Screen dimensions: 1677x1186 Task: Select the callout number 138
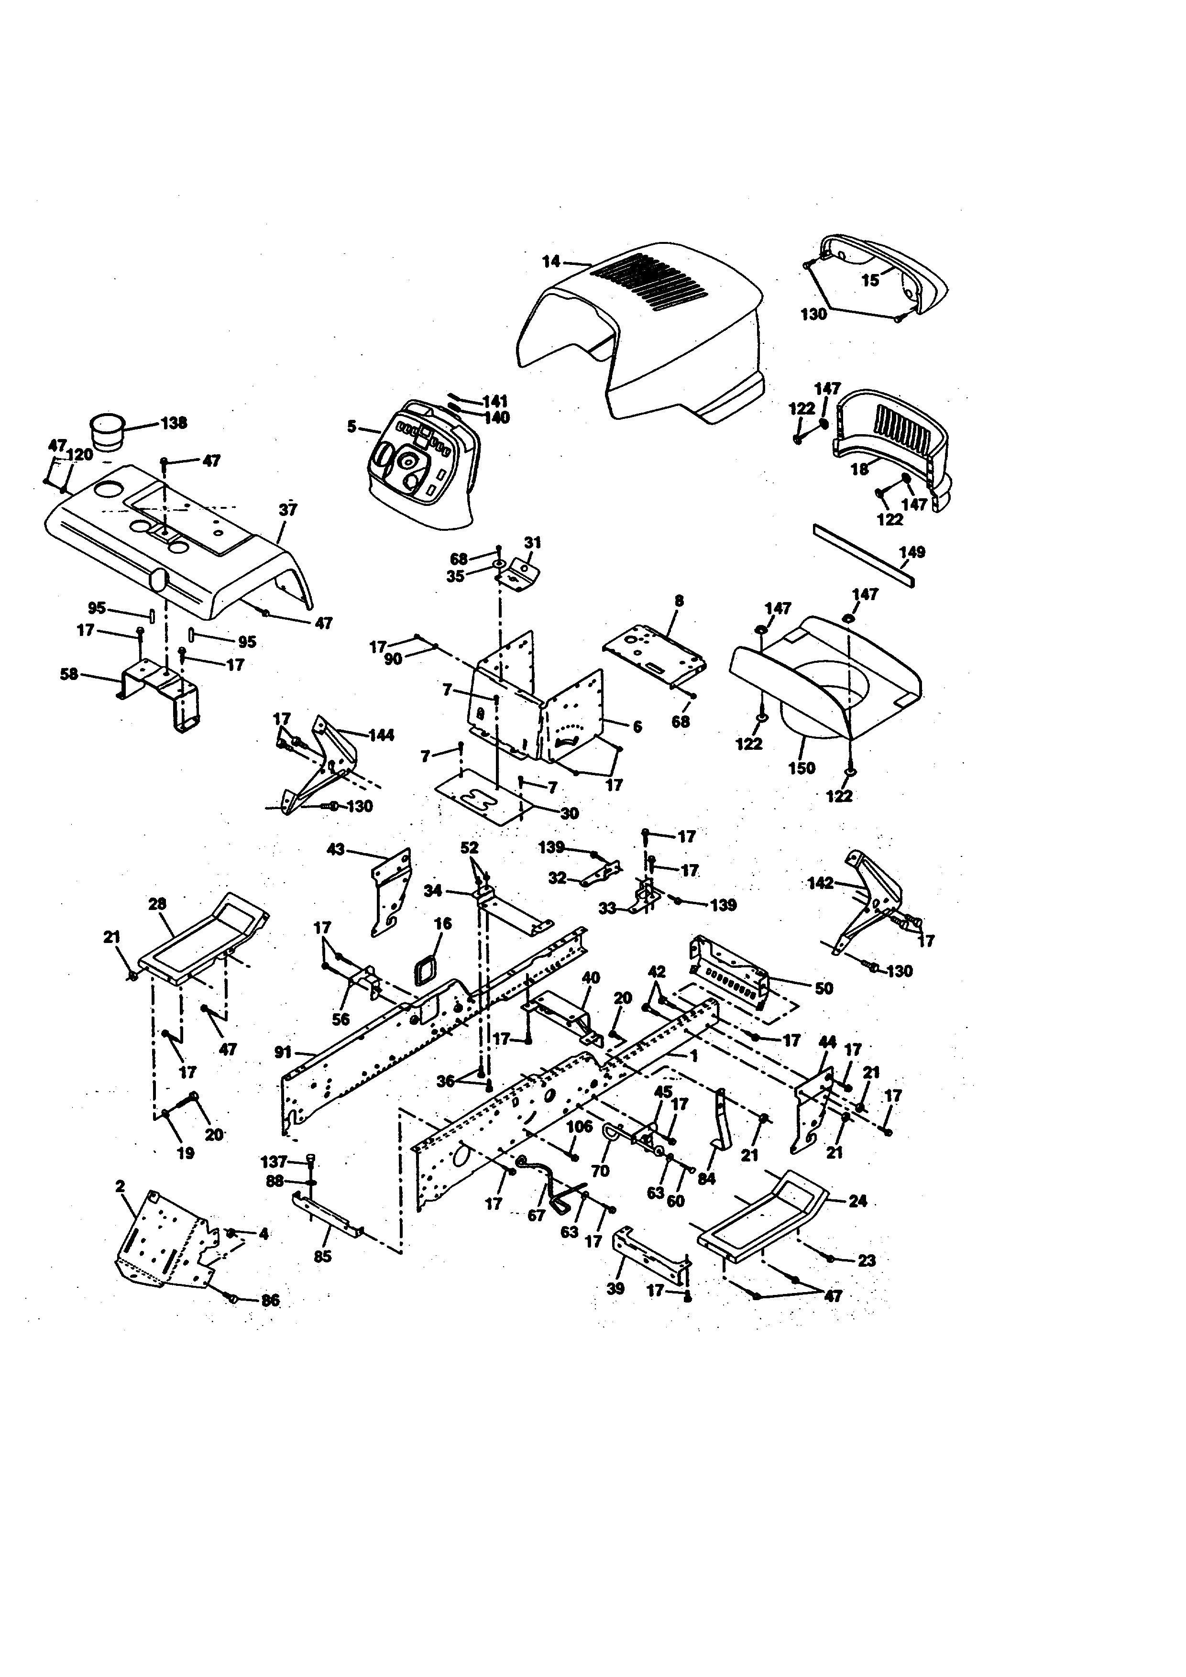174,423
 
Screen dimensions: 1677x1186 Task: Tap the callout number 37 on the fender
288,509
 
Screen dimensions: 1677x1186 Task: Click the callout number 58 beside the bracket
69,674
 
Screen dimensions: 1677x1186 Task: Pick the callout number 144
381,735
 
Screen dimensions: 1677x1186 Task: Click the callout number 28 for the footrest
157,904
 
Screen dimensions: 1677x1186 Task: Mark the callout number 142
820,883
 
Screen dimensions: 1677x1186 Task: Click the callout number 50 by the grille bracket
824,988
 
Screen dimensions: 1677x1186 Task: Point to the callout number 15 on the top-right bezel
870,281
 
